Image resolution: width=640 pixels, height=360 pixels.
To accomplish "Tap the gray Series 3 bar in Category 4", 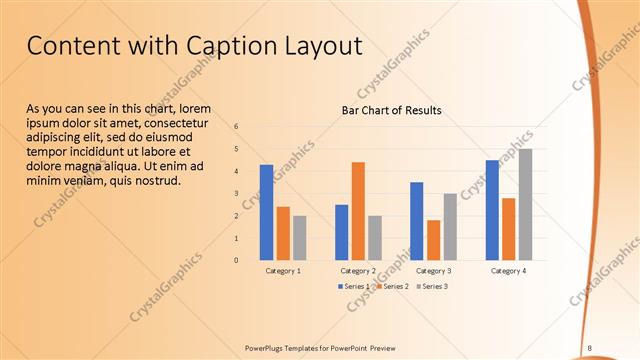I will click(x=525, y=205).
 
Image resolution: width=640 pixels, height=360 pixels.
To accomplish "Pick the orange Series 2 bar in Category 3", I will click(x=433, y=240).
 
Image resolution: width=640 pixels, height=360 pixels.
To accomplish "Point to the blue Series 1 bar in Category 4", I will click(x=492, y=210).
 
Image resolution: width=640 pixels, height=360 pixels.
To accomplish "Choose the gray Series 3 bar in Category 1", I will click(x=300, y=238).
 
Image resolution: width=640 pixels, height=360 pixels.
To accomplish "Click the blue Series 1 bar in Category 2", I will click(x=342, y=232).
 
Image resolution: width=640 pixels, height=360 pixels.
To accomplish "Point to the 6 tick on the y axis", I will click(x=236, y=127).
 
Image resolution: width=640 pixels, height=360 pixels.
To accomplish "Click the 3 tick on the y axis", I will click(x=236, y=194).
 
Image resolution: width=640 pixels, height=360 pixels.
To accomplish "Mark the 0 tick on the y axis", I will click(x=236, y=260).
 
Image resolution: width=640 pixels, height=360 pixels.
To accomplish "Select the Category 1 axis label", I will click(x=283, y=271).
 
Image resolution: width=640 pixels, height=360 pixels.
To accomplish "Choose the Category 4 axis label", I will click(x=509, y=271).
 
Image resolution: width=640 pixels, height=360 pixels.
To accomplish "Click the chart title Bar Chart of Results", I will click(x=392, y=110).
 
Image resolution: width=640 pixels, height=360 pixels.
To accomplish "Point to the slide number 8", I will click(x=590, y=348).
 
